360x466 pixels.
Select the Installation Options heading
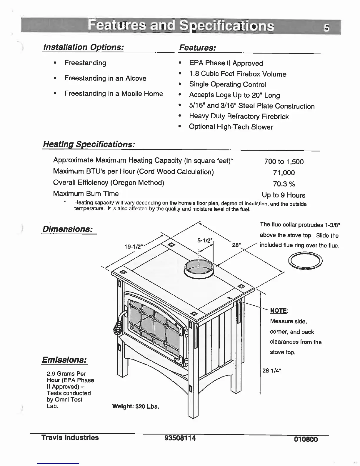coord(83,47)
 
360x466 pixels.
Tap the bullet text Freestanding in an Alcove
coord(105,78)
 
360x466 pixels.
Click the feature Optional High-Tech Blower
coord(231,127)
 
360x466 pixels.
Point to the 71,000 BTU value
coord(284,173)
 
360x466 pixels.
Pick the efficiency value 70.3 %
coord(284,184)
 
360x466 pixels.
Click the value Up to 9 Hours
coord(284,195)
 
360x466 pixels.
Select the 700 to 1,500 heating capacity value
coord(284,162)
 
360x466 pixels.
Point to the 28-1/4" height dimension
coord(272,371)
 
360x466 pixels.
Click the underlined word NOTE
coord(278,311)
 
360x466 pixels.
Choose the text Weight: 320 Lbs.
coord(136,407)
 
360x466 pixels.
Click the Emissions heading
coord(64,360)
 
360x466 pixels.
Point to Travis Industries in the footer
coord(70,437)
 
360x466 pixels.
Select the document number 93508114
coord(180,438)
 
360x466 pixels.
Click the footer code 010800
coord(306,440)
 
